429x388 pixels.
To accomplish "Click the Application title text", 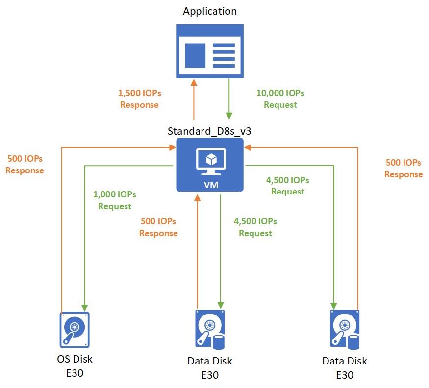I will [210, 11].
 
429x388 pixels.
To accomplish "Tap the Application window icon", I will [210, 51].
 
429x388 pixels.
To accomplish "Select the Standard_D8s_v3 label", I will [210, 131].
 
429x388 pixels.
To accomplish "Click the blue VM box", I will [210, 165].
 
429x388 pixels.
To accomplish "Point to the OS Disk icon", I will [75, 329].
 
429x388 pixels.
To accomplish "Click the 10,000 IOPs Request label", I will [280, 98].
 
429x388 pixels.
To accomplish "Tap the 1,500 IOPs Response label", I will [140, 98].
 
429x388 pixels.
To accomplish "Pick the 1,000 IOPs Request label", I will [115, 200].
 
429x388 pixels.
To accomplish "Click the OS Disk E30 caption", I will [75, 366].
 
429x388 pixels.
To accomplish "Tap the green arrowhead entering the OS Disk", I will [85, 306].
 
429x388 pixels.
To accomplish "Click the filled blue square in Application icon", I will [195, 55].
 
